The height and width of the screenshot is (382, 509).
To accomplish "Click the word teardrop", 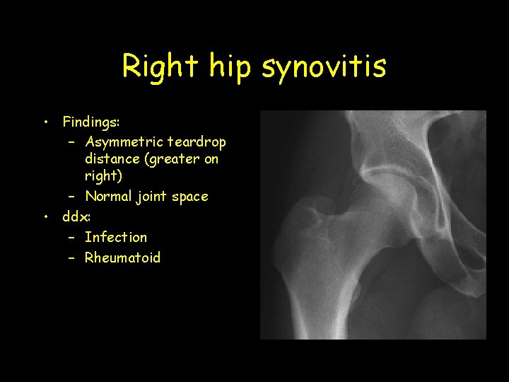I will pos(197,141).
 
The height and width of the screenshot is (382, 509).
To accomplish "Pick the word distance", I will pos(112,159).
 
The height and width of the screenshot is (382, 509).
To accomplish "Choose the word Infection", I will pos(116,237).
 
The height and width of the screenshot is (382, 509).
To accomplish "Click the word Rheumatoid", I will pos(123,257).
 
